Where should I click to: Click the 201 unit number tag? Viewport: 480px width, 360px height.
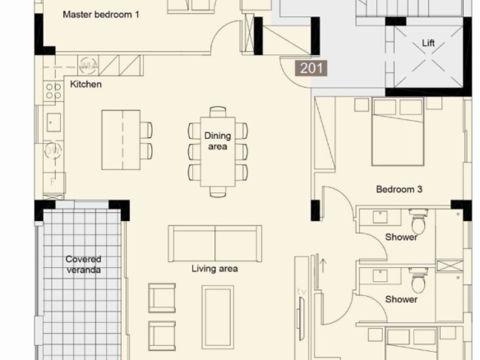[x=311, y=68]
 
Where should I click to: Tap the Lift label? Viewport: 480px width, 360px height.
[x=428, y=43]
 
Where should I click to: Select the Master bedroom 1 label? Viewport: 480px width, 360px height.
[x=101, y=15]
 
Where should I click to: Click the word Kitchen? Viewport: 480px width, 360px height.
[x=85, y=84]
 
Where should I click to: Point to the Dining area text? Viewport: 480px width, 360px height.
[x=218, y=141]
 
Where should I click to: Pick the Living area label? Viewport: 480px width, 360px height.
[x=215, y=269]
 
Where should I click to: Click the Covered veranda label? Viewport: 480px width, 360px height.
[x=83, y=265]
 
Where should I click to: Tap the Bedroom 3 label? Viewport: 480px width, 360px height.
[x=399, y=189]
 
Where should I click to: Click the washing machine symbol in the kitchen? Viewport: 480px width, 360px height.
[x=89, y=65]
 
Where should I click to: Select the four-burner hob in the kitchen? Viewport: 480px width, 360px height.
[x=53, y=91]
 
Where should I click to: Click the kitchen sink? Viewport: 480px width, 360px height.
[x=53, y=122]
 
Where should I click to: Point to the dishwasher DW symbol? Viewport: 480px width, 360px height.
[x=53, y=150]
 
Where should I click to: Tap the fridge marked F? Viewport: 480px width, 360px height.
[x=54, y=182]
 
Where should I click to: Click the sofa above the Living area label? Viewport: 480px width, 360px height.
[x=215, y=243]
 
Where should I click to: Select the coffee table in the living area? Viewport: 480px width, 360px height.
[x=218, y=317]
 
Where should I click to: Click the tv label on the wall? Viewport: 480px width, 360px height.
[x=302, y=292]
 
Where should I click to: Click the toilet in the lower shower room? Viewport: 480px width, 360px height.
[x=418, y=279]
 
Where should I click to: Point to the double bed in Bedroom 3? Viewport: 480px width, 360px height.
[x=398, y=132]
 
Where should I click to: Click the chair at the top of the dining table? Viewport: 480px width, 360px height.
[x=218, y=112]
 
